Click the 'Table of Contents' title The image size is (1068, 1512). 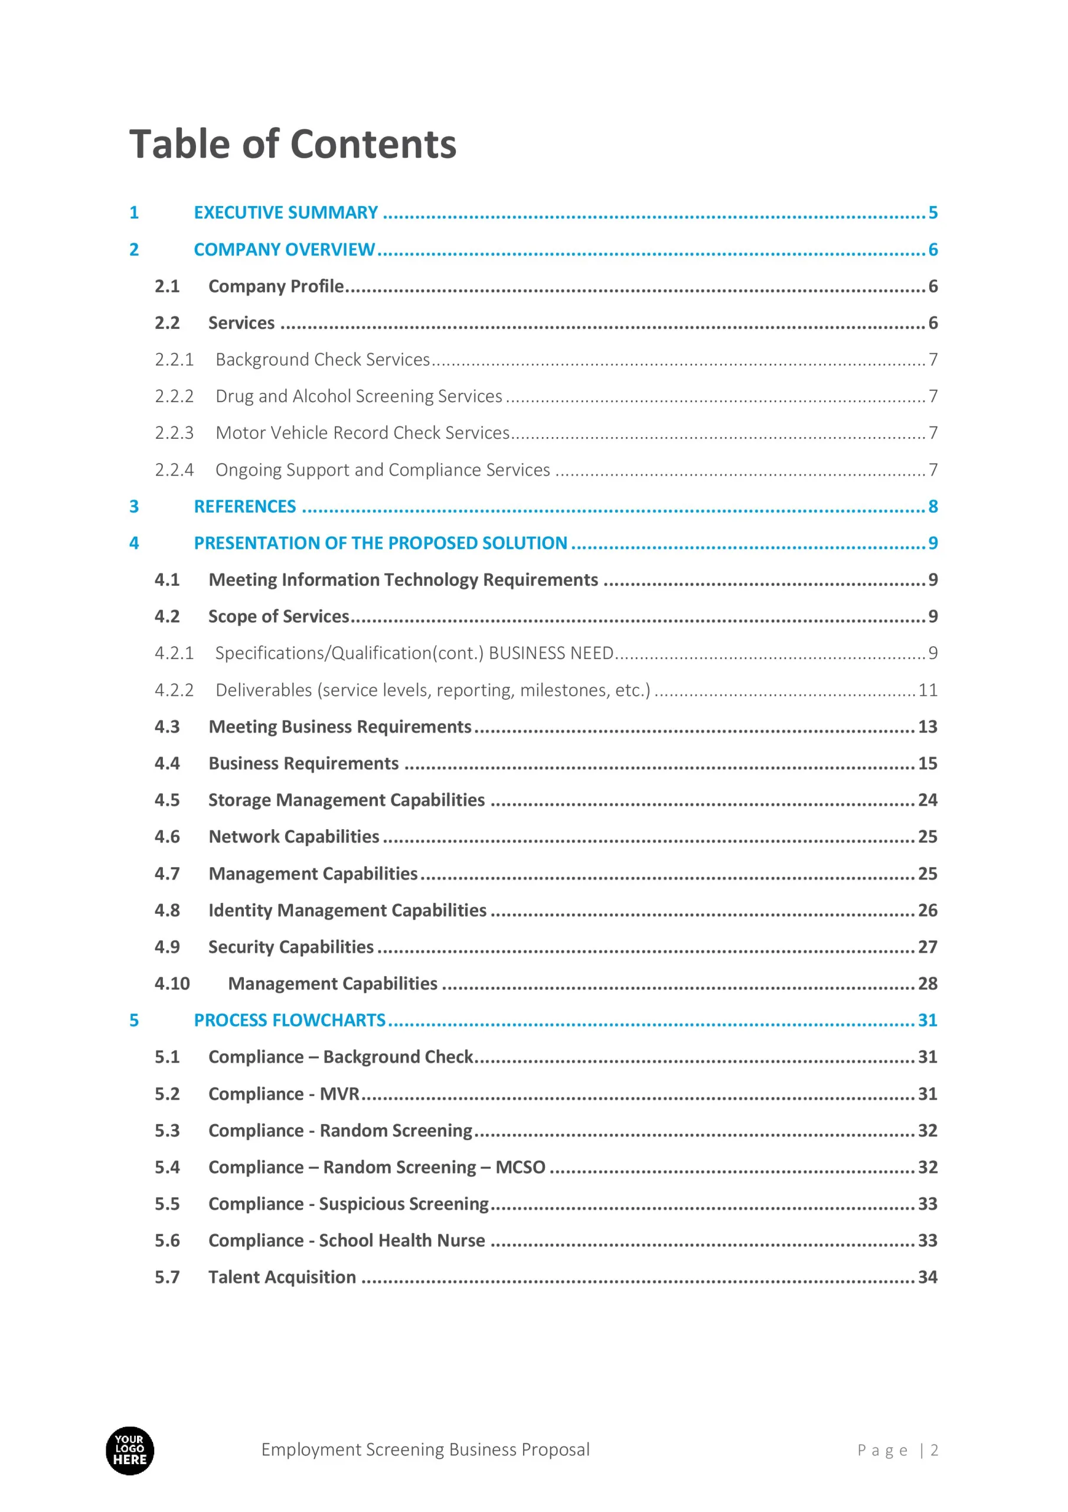pos(292,144)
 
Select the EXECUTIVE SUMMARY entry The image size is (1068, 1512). pos(286,213)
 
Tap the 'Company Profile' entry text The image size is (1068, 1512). pos(276,286)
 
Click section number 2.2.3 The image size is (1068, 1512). pos(174,433)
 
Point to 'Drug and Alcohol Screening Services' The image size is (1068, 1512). pos(359,396)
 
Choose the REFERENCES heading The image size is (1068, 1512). pos(245,506)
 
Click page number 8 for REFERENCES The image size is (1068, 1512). pos(932,506)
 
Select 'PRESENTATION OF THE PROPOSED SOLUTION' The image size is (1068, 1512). pos(381,543)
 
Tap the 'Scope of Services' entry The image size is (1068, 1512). pos(279,617)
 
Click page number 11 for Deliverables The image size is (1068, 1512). pos(927,690)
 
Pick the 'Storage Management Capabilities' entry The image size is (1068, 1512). pos(347,800)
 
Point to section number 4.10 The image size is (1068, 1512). pos(172,984)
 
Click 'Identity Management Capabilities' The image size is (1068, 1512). pos(347,911)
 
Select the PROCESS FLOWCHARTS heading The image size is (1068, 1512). pos(290,1021)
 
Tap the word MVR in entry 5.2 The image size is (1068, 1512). pos(339,1094)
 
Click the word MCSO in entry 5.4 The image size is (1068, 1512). pos(520,1168)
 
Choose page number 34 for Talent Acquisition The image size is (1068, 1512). pos(927,1278)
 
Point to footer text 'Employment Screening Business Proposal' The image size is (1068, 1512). pos(425,1450)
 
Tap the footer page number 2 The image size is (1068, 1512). pos(933,1451)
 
